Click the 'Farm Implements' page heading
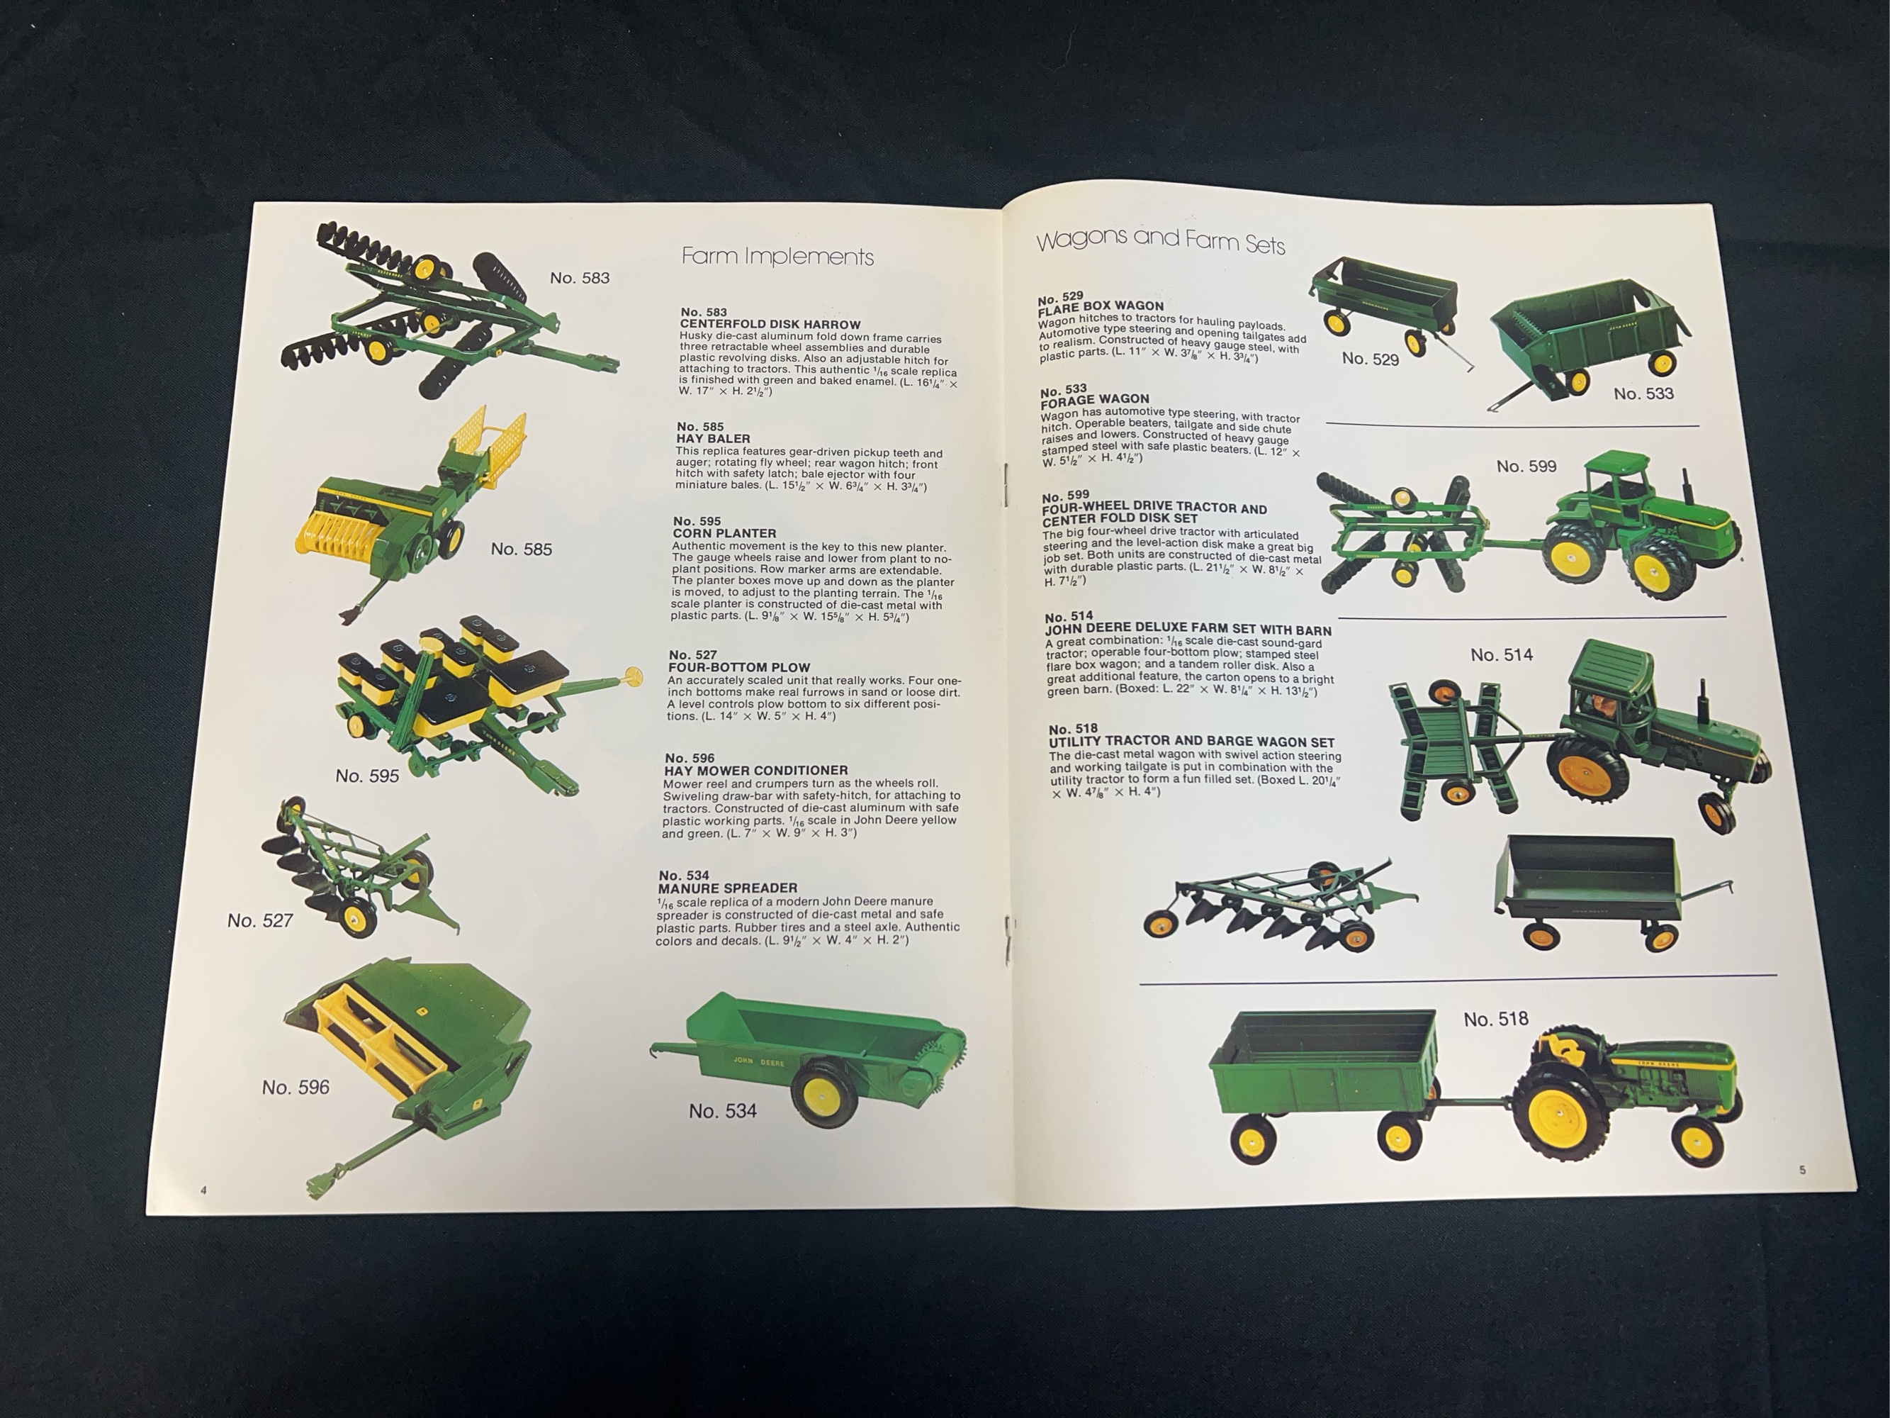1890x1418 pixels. pyautogui.click(x=777, y=257)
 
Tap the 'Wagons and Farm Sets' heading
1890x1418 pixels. pyautogui.click(x=1160, y=241)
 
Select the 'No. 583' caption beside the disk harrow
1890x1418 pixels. pyautogui.click(x=579, y=278)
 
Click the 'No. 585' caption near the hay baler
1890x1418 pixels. pyautogui.click(x=521, y=549)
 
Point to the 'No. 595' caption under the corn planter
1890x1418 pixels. pyautogui.click(x=366, y=776)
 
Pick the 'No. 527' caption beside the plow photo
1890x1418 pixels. pyautogui.click(x=260, y=920)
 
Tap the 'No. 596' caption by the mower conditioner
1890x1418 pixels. pyautogui.click(x=296, y=1087)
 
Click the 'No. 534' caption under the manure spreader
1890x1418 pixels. pyautogui.click(x=723, y=1111)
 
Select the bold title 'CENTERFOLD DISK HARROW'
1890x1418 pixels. pyautogui.click(x=770, y=325)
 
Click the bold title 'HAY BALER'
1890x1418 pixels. pyautogui.click(x=714, y=438)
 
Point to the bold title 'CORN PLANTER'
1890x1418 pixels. pyautogui.click(x=724, y=533)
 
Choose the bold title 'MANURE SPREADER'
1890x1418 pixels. pyautogui.click(x=727, y=888)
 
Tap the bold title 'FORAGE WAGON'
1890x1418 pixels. pyautogui.click(x=1094, y=399)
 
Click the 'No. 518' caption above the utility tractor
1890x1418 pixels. pyautogui.click(x=1495, y=1020)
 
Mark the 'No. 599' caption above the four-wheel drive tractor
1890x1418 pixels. pyautogui.click(x=1526, y=467)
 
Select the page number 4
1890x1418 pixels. pyautogui.click(x=204, y=1190)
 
